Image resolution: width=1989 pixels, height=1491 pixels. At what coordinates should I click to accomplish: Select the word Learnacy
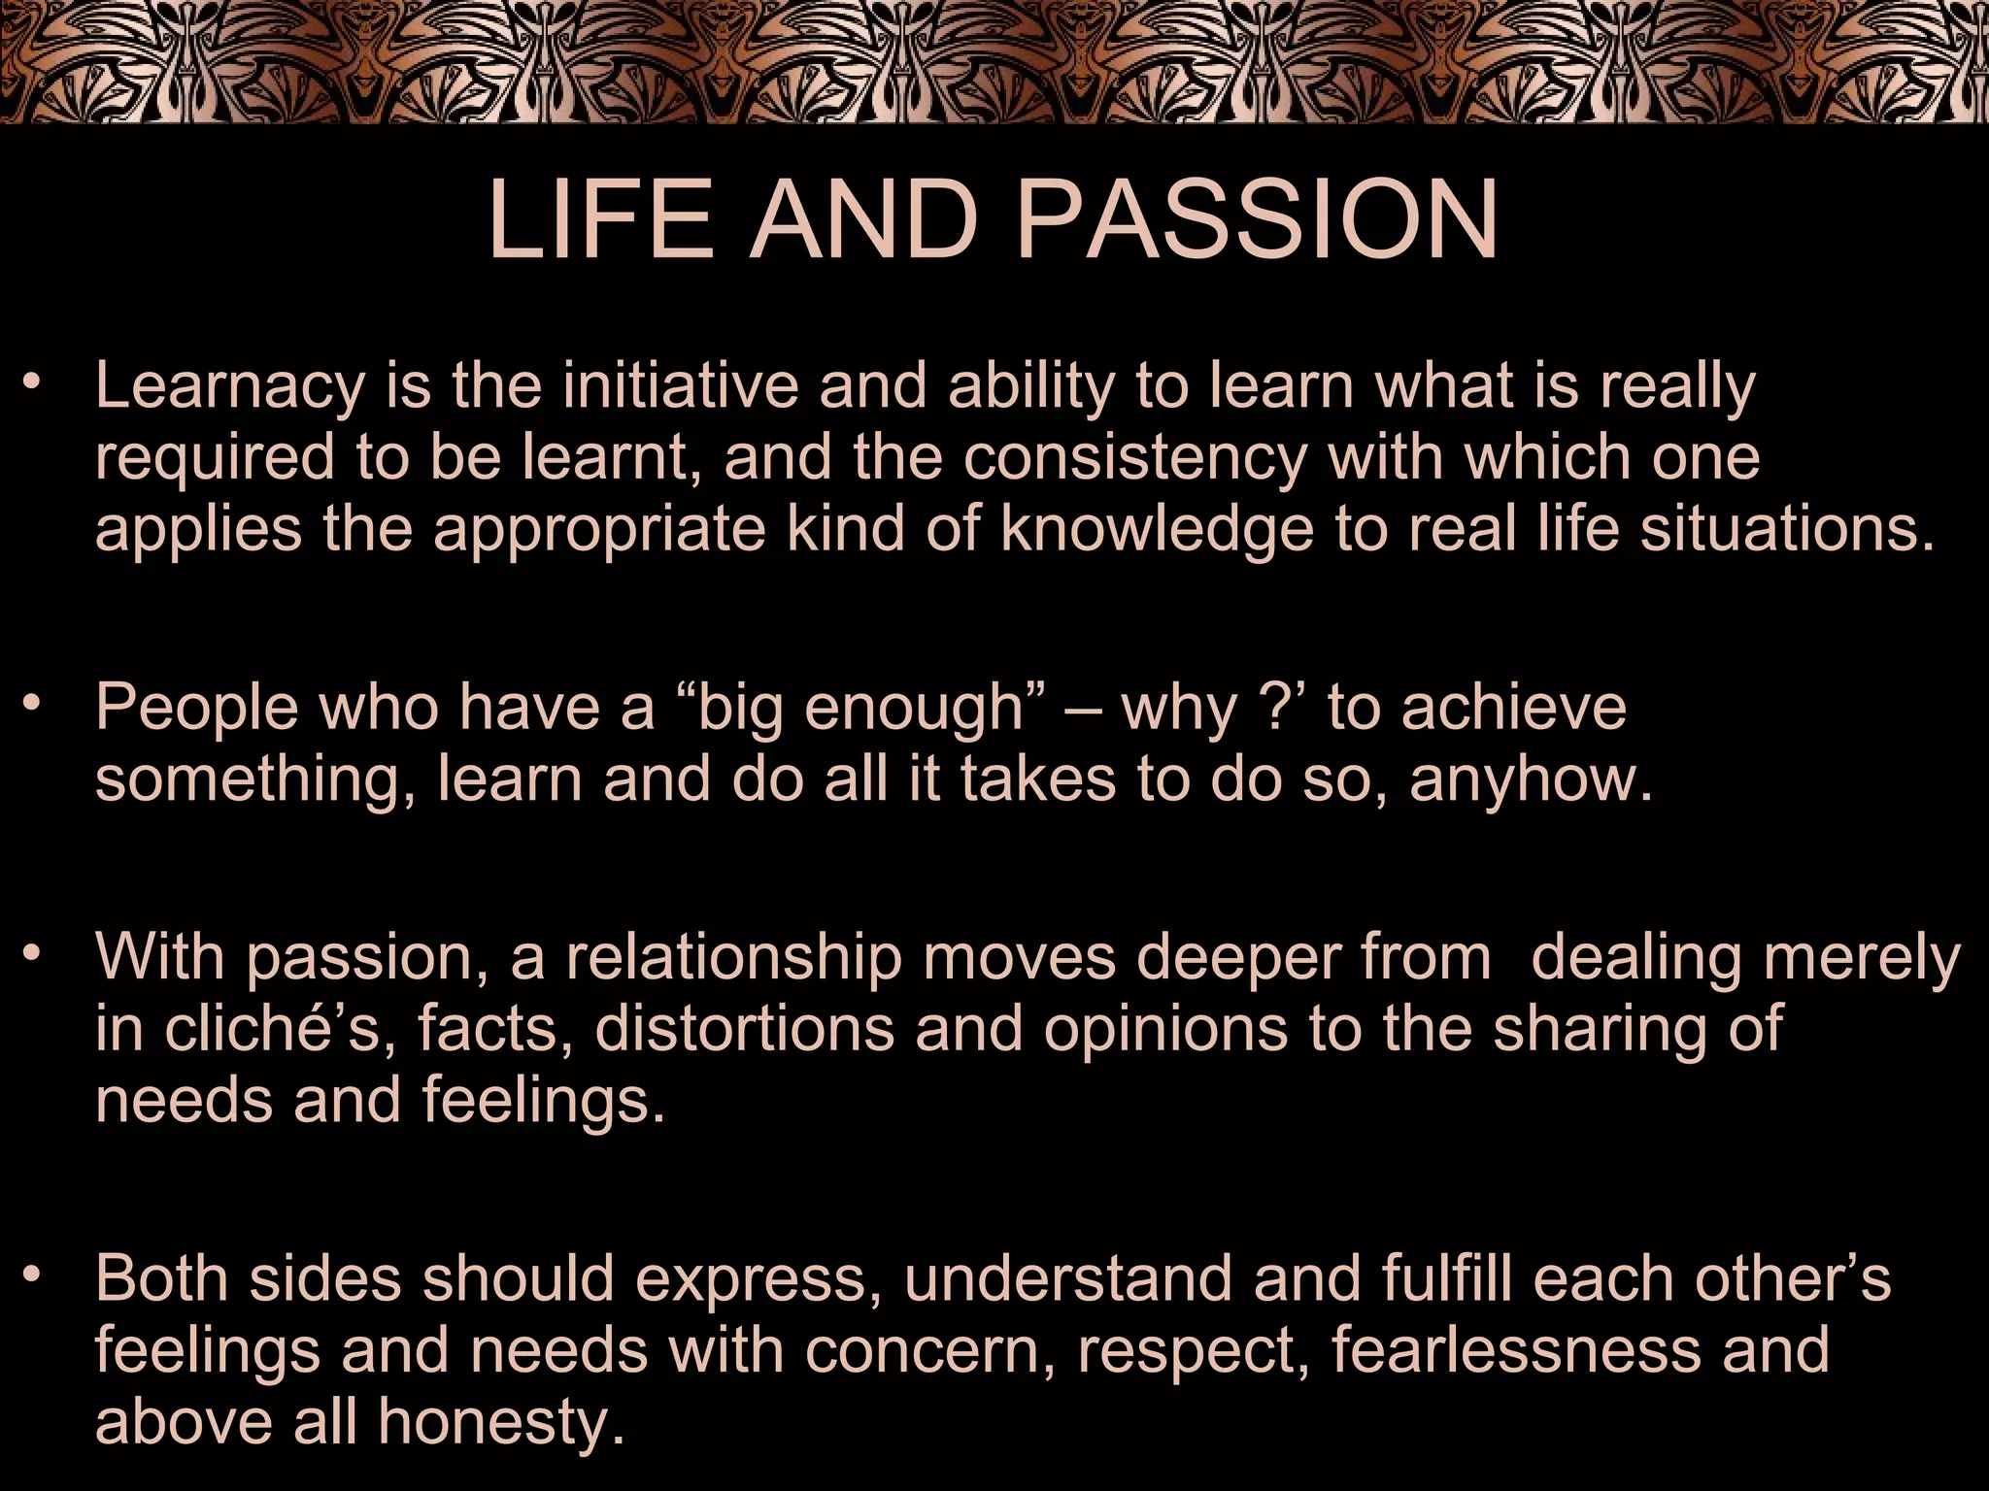click(229, 387)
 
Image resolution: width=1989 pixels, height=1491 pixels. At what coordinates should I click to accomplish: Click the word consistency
click(1133, 458)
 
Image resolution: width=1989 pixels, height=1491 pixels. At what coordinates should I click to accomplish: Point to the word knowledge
click(1157, 530)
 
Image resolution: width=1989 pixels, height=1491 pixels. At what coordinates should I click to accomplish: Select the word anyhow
click(1531, 780)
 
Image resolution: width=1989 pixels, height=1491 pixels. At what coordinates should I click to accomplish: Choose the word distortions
click(744, 1029)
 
